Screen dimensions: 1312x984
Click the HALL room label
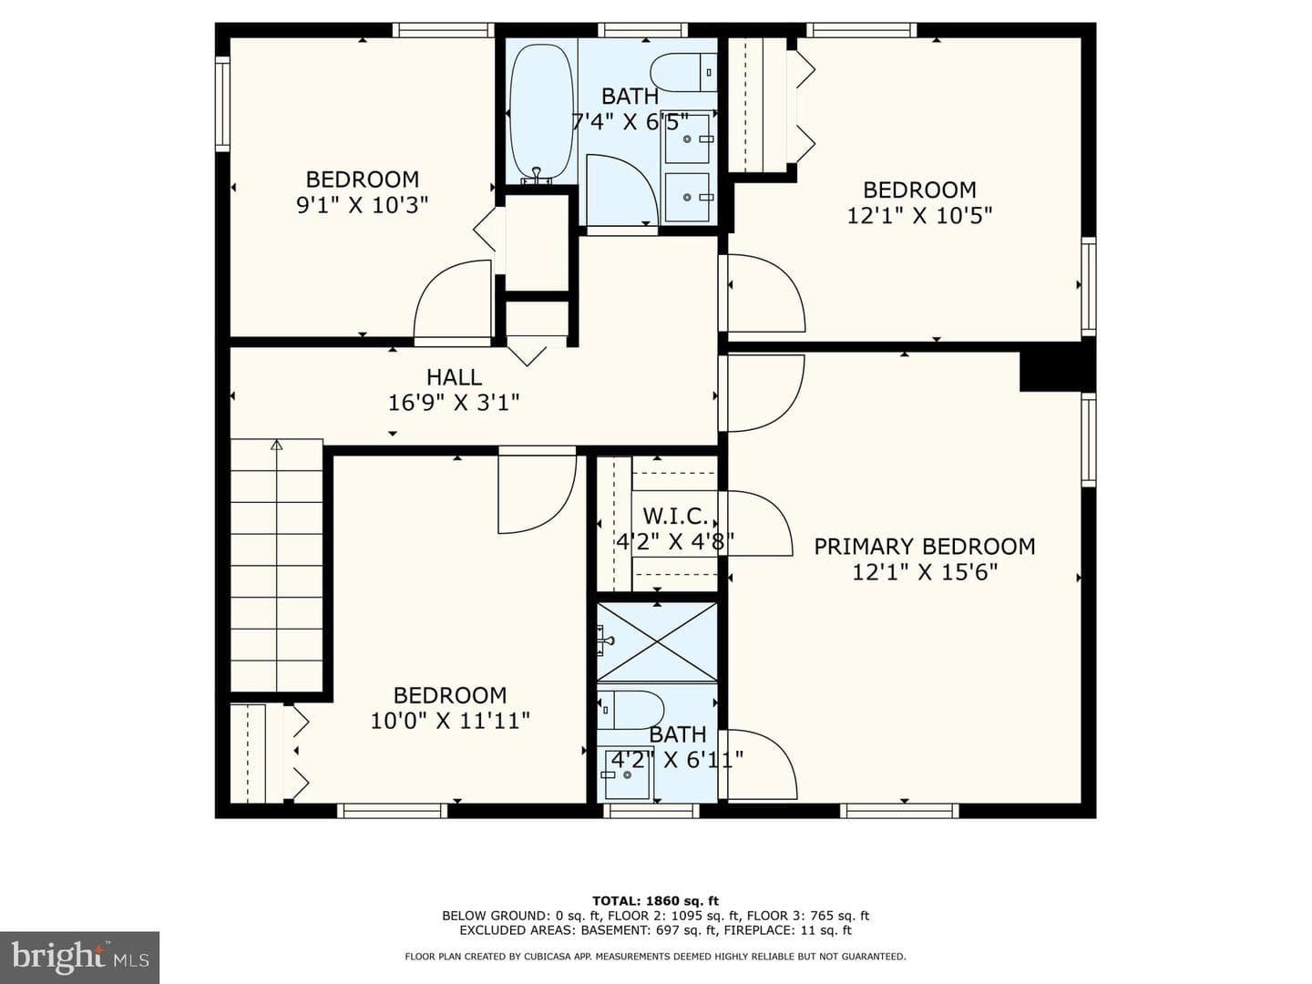pyautogui.click(x=455, y=377)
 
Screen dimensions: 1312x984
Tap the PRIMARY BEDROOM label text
pyautogui.click(x=924, y=547)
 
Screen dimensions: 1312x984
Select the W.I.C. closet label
pyautogui.click(x=675, y=516)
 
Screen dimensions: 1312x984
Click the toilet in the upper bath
pyautogui.click(x=683, y=72)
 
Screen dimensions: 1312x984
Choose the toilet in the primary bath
pyautogui.click(x=631, y=710)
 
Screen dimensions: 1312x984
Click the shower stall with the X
pyautogui.click(x=657, y=641)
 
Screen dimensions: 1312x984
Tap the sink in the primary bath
pyautogui.click(x=628, y=774)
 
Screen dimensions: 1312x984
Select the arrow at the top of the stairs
pyautogui.click(x=276, y=446)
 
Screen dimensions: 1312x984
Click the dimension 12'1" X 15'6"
pyautogui.click(x=925, y=572)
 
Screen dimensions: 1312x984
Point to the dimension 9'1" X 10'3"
pyautogui.click(x=363, y=206)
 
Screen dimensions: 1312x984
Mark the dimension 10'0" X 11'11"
pyautogui.click(x=450, y=721)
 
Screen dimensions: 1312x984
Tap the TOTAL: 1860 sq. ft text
pyautogui.click(x=655, y=900)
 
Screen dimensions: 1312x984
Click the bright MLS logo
pyautogui.click(x=79, y=958)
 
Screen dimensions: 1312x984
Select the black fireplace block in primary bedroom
pyautogui.click(x=1057, y=372)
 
